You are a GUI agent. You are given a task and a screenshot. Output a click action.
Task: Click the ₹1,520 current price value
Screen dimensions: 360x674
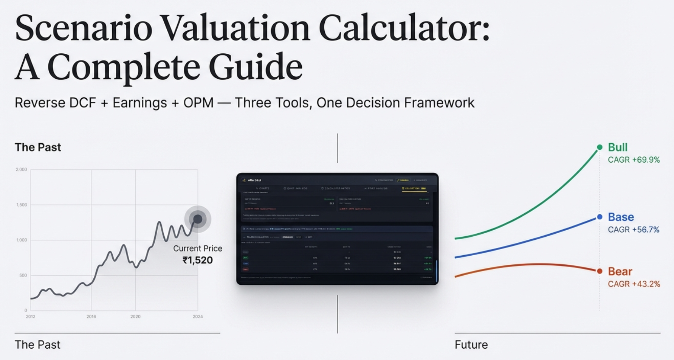(197, 260)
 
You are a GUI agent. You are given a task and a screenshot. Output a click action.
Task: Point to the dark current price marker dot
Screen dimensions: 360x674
(198, 219)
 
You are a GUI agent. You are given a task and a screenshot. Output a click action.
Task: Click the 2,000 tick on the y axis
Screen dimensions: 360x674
(22, 169)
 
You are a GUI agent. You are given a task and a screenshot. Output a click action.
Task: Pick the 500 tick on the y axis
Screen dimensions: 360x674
(23, 275)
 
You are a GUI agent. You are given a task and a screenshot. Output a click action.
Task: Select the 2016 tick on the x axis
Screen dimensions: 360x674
(91, 317)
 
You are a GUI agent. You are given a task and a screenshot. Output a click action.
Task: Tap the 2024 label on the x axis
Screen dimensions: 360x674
(198, 317)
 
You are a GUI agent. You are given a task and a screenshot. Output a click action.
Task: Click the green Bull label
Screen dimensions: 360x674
(617, 147)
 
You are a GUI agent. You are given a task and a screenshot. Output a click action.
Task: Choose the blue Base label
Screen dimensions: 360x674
(621, 217)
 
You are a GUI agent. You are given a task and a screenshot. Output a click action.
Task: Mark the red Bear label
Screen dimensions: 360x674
(620, 272)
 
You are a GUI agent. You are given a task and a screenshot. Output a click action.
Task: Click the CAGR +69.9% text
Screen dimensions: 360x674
(634, 160)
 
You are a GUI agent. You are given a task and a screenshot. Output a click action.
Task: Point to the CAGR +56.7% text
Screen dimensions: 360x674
(633, 230)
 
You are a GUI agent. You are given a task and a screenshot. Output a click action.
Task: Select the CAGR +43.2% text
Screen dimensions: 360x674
(634, 284)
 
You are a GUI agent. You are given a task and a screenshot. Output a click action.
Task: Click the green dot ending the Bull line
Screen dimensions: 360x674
(600, 147)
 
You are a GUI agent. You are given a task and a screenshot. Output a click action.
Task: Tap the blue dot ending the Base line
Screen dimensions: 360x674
(600, 217)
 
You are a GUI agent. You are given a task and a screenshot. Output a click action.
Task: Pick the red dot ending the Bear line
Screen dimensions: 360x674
(600, 271)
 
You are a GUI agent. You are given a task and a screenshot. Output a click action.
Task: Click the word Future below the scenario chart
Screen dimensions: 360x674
(471, 344)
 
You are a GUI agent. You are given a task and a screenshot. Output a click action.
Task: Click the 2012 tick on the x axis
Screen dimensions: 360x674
(31, 317)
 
